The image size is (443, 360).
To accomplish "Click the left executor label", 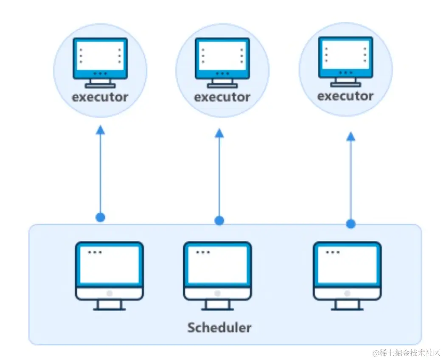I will click(100, 97).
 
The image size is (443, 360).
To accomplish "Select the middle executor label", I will click(222, 97).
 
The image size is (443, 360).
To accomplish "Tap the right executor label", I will click(345, 96).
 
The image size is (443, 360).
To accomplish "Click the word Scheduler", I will click(219, 328).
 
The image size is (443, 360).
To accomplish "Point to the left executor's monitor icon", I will click(100, 62).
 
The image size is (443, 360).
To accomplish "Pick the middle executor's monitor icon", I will click(222, 62).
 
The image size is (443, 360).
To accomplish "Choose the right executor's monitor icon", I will click(345, 61).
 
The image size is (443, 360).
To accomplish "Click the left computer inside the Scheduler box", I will click(109, 276).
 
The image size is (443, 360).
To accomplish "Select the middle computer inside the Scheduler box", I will click(218, 276).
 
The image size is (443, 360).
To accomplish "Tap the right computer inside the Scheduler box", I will click(347, 276).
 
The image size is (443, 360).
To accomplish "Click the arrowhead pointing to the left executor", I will click(100, 129).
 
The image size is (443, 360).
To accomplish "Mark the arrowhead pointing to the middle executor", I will click(219, 133).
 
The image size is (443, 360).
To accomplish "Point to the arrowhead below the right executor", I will click(350, 136).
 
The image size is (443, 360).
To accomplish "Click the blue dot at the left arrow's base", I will click(100, 217).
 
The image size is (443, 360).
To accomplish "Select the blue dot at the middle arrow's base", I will click(219, 220).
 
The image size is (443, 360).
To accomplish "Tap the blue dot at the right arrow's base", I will click(350, 224).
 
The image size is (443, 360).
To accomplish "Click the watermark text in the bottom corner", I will click(406, 353).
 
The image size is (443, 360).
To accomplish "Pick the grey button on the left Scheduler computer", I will click(109, 293).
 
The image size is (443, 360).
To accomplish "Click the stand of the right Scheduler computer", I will click(347, 305).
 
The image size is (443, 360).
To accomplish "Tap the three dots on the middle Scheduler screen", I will click(203, 252).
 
